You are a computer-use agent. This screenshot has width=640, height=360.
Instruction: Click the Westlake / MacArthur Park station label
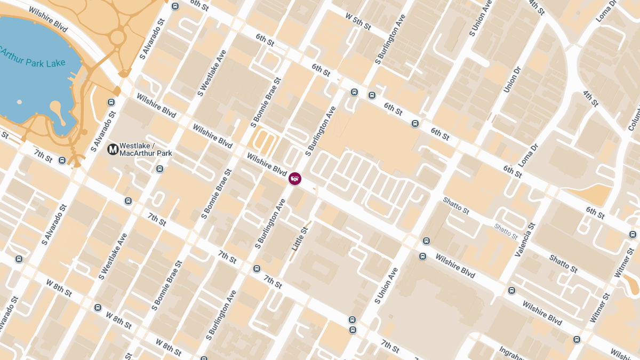click(146, 149)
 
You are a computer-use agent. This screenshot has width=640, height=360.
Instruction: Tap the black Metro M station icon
click(113, 149)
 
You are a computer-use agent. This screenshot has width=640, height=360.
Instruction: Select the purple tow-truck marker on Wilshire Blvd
click(295, 179)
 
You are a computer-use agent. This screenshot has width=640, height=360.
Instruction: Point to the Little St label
click(300, 239)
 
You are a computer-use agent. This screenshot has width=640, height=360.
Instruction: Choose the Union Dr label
click(511, 79)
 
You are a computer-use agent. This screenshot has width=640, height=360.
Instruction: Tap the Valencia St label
click(524, 240)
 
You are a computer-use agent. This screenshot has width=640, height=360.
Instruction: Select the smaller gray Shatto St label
click(506, 231)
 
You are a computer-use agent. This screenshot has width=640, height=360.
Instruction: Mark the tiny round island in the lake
click(20, 101)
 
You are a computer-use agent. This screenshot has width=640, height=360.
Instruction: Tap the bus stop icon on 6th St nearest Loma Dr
click(415, 124)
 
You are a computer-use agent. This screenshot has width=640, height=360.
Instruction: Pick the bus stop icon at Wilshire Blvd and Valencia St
click(512, 291)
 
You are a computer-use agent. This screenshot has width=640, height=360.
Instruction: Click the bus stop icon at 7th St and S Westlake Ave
click(128, 201)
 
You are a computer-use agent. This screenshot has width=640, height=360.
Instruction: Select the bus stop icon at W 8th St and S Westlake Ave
click(98, 308)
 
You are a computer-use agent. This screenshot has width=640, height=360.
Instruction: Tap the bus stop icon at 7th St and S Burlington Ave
click(257, 268)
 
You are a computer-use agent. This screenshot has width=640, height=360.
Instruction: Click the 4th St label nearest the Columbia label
click(590, 98)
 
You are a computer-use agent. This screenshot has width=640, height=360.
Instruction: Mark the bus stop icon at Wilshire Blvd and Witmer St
click(577, 339)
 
